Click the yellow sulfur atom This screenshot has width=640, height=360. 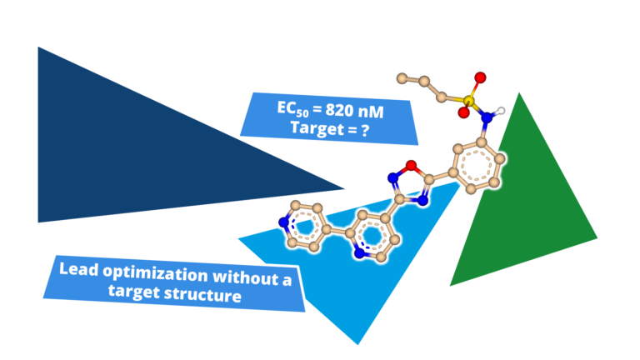[x=467, y=102]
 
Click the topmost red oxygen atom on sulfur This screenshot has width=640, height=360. [x=479, y=78]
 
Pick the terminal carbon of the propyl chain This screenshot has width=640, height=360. [x=403, y=78]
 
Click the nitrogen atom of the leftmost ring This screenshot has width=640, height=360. [x=285, y=222]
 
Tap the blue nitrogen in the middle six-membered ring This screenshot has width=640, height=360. [x=361, y=249]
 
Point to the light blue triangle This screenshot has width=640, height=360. [x=350, y=292]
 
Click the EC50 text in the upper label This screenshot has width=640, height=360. [x=292, y=109]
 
